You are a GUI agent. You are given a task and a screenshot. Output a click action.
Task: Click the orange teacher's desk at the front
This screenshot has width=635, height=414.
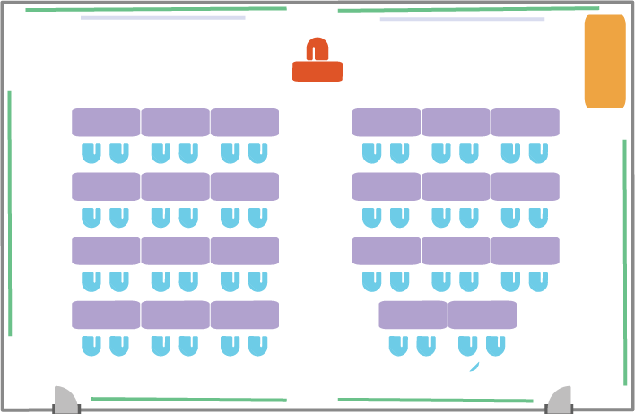[x=317, y=72]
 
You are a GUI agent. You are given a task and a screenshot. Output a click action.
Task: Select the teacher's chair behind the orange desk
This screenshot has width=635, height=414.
[x=317, y=48]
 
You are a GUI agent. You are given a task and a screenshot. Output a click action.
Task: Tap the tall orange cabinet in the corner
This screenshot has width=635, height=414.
[x=605, y=61]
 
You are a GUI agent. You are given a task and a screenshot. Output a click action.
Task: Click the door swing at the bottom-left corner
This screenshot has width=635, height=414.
[x=65, y=401]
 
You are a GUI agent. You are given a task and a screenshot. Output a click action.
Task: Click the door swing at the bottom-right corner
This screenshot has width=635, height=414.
[x=561, y=401]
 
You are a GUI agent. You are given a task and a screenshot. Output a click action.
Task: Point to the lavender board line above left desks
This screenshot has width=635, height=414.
[x=162, y=18]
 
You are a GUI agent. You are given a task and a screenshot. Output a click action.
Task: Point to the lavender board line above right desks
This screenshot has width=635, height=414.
[x=462, y=19]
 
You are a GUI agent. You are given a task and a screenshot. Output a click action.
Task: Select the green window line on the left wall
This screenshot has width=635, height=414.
[x=10, y=212]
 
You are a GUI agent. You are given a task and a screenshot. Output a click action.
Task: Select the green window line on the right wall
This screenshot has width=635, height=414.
[x=625, y=262]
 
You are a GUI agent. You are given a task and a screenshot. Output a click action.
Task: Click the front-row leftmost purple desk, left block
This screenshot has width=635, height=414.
[x=106, y=123]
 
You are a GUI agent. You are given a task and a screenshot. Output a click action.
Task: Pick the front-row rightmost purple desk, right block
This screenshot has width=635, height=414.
[x=525, y=123]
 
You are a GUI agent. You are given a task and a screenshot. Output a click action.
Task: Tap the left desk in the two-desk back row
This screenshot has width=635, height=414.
[x=413, y=315]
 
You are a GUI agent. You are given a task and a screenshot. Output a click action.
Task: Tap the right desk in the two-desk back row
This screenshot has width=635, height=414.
[x=483, y=315]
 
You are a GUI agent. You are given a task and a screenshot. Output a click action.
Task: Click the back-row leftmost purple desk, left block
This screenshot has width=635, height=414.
[x=106, y=315]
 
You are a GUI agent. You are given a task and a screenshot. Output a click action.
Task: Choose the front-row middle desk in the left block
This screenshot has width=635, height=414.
[x=175, y=123]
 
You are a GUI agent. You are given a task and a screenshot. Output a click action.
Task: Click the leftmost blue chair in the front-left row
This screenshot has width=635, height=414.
[x=91, y=153]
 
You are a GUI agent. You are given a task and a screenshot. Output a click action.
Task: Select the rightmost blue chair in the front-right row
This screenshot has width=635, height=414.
[x=538, y=153]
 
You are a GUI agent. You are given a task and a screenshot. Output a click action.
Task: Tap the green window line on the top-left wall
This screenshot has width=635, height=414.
[x=156, y=10]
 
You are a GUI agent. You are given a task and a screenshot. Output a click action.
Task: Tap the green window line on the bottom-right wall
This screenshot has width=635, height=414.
[x=435, y=400]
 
